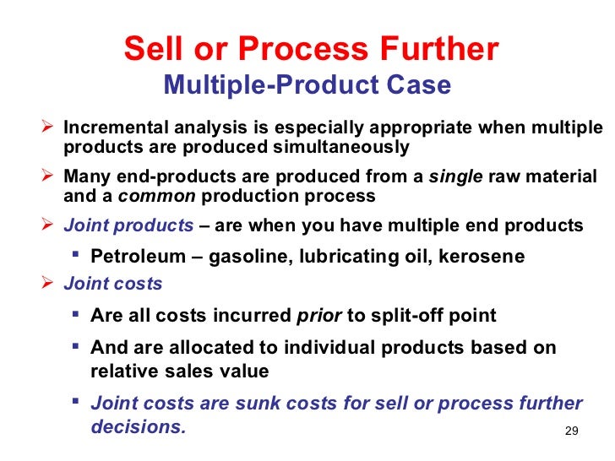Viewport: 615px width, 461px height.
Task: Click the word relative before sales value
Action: coord(120,371)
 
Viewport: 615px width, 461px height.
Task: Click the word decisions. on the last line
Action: coord(138,426)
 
